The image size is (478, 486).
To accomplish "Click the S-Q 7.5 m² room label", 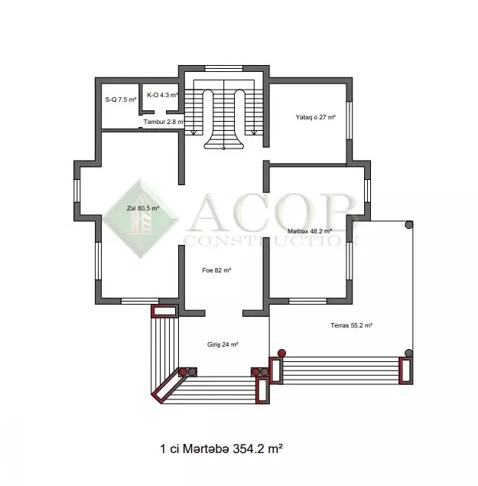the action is click(x=121, y=99).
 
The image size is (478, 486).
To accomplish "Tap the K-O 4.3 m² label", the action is click(x=162, y=95).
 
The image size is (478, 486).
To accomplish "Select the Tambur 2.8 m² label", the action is click(x=164, y=122).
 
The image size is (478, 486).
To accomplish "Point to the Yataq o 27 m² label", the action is click(x=315, y=117).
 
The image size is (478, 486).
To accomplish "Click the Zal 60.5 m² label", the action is click(x=143, y=208).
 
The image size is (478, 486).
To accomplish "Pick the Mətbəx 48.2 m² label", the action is click(x=310, y=231).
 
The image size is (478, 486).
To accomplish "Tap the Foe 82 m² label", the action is click(x=216, y=270).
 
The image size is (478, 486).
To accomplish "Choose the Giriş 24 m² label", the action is click(x=223, y=344).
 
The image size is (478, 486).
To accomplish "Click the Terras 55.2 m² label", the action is click(x=351, y=325).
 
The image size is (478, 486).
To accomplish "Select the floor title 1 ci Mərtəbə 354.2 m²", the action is click(x=221, y=448).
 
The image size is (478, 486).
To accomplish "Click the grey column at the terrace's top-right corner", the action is click(x=409, y=225).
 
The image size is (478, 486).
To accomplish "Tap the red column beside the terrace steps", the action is click(x=281, y=353).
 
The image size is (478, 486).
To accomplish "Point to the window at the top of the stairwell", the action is click(x=223, y=68).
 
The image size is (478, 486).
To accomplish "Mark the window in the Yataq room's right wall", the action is click(x=349, y=120).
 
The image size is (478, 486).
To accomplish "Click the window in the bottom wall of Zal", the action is click(x=140, y=301).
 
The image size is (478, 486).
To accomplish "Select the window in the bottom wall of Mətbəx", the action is click(x=307, y=301).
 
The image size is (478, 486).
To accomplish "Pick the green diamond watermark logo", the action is click(x=141, y=219).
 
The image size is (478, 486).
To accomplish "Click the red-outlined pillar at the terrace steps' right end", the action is click(x=405, y=370).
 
